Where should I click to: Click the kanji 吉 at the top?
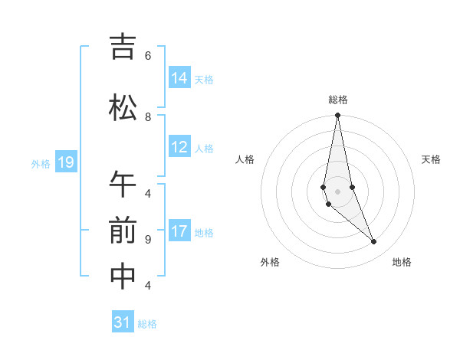(x=123, y=47)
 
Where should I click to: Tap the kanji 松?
(x=123, y=108)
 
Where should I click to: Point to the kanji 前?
(x=123, y=231)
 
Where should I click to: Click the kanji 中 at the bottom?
(x=123, y=277)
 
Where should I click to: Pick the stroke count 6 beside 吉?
(x=147, y=56)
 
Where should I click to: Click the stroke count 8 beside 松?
(x=147, y=116)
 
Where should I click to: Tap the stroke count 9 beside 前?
(x=147, y=239)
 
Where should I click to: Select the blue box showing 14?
(x=180, y=78)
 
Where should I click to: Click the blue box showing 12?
(x=180, y=147)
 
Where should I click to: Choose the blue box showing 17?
(x=180, y=231)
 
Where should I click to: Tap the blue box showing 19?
(x=66, y=162)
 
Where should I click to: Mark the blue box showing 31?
(x=123, y=322)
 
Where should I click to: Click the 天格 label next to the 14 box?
(x=204, y=79)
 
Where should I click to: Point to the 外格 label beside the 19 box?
(x=41, y=163)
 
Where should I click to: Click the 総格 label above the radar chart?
(x=338, y=100)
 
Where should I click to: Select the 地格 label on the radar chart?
(x=402, y=262)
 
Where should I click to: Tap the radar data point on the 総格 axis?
(x=337, y=116)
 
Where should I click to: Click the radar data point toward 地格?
(x=374, y=242)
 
